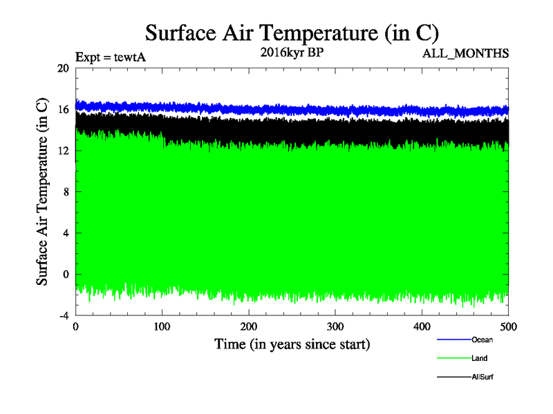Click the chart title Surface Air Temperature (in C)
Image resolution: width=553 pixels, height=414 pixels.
(292, 32)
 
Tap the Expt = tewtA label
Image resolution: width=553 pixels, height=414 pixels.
(110, 57)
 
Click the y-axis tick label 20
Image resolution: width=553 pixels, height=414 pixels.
(63, 68)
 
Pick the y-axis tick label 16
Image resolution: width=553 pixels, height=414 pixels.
(63, 109)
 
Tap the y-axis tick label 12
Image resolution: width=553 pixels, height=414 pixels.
(63, 150)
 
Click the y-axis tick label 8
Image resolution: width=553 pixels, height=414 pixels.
(66, 192)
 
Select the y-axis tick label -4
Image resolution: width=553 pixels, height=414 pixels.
(63, 316)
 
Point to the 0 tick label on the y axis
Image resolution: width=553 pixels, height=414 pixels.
(66, 275)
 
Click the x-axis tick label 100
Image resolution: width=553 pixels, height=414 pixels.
(162, 326)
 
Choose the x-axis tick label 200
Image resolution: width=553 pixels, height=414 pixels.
(249, 326)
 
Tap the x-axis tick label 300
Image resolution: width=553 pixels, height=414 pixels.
(335, 326)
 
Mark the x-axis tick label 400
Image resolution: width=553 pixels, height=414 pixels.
(422, 326)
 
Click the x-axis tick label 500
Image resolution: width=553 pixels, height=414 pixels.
(508, 326)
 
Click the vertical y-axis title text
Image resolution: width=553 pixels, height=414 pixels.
(42, 192)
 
